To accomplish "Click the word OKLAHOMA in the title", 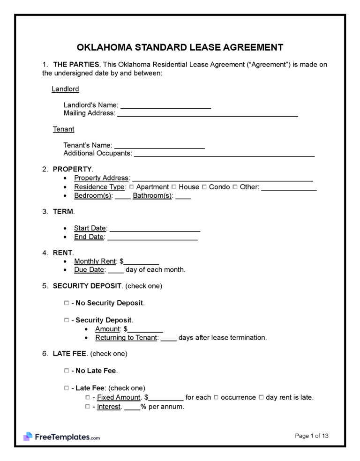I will pyautogui.click(x=104, y=47).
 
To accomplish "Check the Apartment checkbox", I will pyautogui.click(x=132, y=187).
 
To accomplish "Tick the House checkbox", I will pyautogui.click(x=174, y=187).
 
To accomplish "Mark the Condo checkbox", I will pyautogui.click(x=204, y=187).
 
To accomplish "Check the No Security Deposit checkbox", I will pyautogui.click(x=66, y=303).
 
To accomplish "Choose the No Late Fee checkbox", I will pyautogui.click(x=66, y=371).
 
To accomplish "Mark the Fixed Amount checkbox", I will pyautogui.click(x=88, y=397).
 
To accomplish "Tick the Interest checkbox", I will pyautogui.click(x=88, y=407).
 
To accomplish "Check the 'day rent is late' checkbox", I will pyautogui.click(x=261, y=397).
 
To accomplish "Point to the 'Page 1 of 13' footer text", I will pyautogui.click(x=312, y=436).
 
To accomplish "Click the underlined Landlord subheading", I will pyautogui.click(x=65, y=89).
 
